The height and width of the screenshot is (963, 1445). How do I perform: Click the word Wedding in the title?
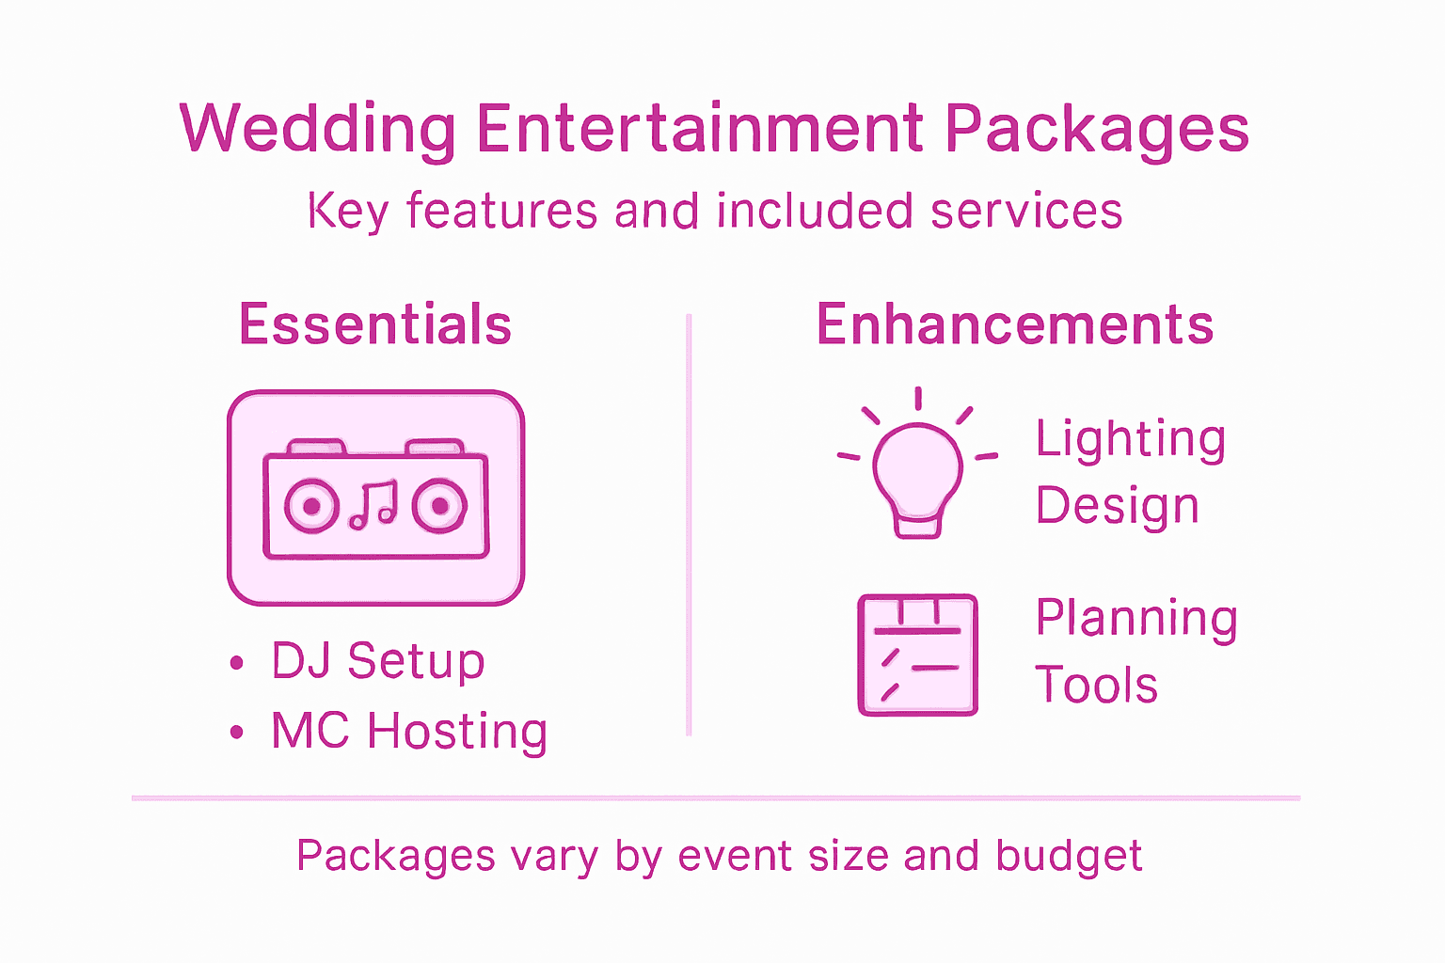point(318,130)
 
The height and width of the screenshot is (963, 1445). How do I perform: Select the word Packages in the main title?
point(1097,130)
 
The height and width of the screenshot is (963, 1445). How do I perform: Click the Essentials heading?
point(375,324)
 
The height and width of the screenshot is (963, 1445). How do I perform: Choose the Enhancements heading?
point(1014,324)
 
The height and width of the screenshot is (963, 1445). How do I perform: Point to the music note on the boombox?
point(374,505)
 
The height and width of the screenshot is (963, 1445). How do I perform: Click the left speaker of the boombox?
point(311,506)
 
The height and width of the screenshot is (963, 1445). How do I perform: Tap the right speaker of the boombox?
point(438,506)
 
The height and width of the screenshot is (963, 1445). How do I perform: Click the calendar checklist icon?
point(917,655)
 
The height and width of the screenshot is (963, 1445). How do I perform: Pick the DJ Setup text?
point(377,660)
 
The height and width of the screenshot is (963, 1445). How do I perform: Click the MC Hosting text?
point(409,731)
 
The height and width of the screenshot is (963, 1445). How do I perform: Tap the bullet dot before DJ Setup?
point(237,662)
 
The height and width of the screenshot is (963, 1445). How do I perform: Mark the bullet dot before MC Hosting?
point(237,732)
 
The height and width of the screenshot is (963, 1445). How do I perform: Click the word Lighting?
point(1131,440)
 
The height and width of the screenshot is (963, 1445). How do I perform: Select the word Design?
point(1117,506)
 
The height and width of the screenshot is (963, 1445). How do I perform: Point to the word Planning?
point(1136,620)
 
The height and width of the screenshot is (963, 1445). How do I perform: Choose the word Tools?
point(1096,685)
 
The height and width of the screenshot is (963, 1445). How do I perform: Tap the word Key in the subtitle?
point(347,211)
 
